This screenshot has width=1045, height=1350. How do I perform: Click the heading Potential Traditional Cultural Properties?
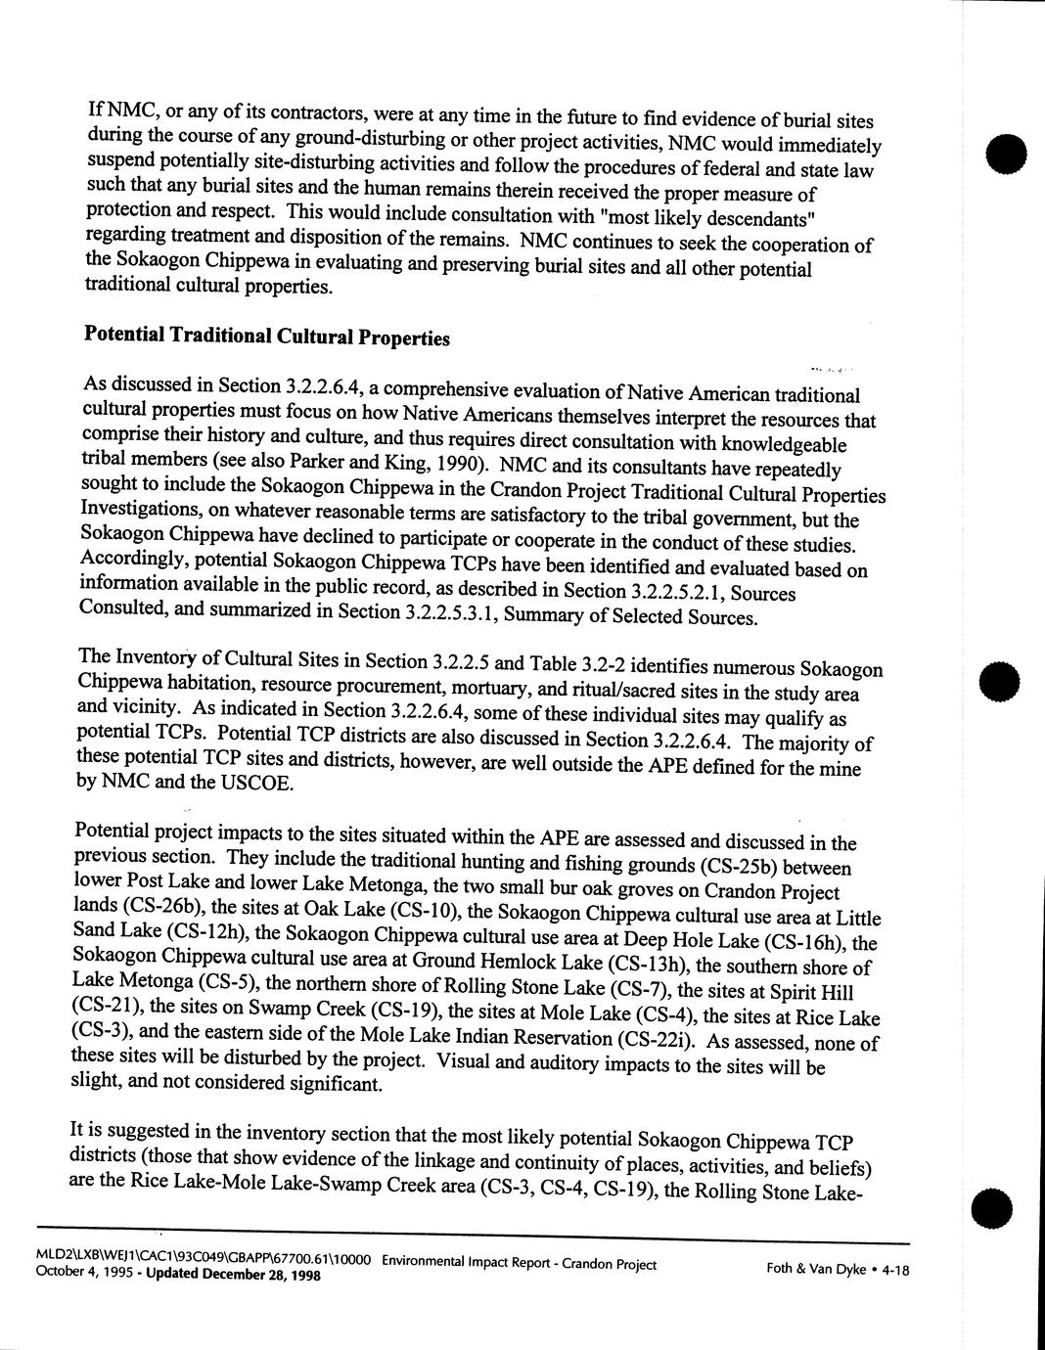[267, 337]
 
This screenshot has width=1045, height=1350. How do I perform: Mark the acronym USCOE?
[258, 783]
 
